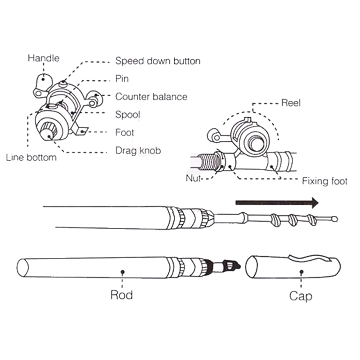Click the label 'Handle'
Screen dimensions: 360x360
(x=43, y=58)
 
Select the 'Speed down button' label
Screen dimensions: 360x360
(x=158, y=61)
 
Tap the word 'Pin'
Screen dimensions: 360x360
(x=122, y=79)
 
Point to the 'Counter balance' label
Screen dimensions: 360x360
(x=151, y=97)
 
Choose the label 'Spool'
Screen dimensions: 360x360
(x=128, y=115)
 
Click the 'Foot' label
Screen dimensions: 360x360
(x=125, y=133)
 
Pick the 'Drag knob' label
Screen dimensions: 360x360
(x=138, y=151)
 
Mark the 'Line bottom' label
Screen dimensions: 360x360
(x=31, y=157)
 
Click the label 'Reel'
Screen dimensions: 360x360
(x=291, y=103)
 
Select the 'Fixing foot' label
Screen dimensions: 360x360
(x=324, y=181)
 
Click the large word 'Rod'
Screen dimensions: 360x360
(x=121, y=295)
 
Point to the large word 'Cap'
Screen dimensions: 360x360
(x=301, y=296)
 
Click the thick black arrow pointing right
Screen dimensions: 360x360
(x=277, y=202)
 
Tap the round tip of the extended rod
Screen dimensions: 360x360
(x=334, y=220)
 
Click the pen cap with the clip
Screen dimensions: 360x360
(x=295, y=267)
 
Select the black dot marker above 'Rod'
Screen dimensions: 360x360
(x=122, y=271)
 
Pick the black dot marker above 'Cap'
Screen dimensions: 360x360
(x=301, y=271)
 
